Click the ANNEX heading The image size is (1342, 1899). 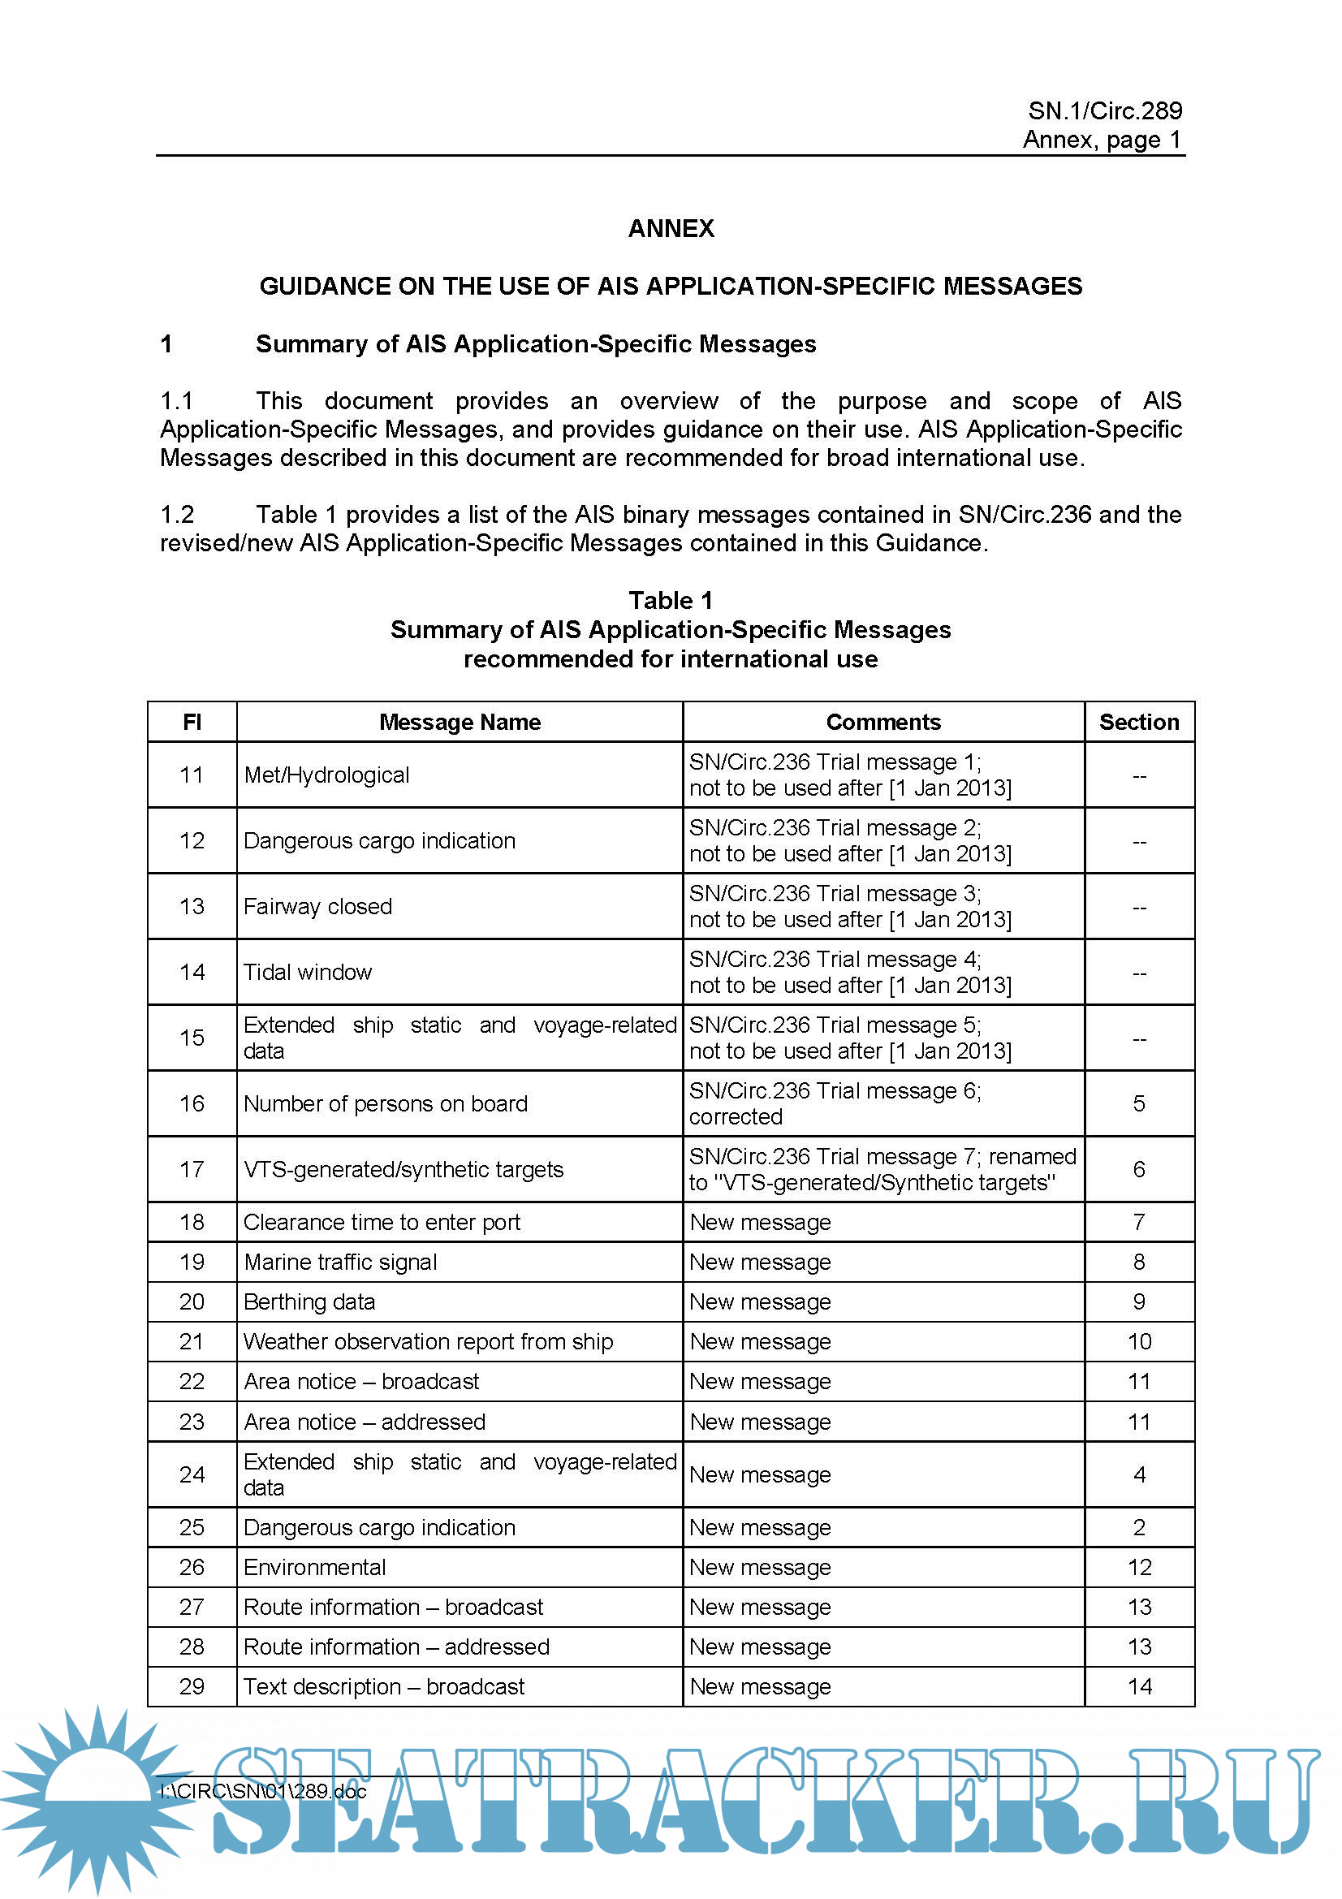click(x=671, y=228)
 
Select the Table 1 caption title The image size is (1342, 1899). click(x=671, y=600)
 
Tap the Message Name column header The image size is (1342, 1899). click(x=460, y=722)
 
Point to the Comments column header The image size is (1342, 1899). click(x=883, y=722)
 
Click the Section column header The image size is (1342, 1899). click(x=1138, y=722)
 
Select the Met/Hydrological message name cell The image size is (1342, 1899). click(x=326, y=775)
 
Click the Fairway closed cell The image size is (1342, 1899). click(x=317, y=907)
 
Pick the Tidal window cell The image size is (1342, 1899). click(x=308, y=972)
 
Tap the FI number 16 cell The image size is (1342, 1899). click(x=192, y=1103)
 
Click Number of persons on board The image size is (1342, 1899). click(x=386, y=1103)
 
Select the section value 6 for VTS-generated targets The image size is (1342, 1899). click(x=1138, y=1168)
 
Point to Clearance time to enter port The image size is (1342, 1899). click(x=382, y=1223)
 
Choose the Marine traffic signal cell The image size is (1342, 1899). click(x=340, y=1262)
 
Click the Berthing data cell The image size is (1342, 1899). click(x=309, y=1301)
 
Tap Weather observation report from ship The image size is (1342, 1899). click(x=429, y=1341)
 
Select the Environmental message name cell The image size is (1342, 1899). click(x=315, y=1567)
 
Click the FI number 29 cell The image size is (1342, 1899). click(x=192, y=1686)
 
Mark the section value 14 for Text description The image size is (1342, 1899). click(x=1138, y=1686)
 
